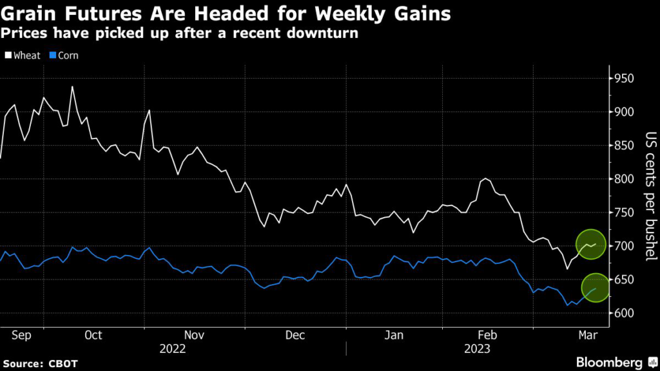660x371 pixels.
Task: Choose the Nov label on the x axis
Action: click(x=194, y=335)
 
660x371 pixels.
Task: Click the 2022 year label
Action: click(x=172, y=349)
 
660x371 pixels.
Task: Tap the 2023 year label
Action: click(x=477, y=349)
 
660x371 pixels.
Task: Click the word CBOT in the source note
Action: click(x=63, y=364)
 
